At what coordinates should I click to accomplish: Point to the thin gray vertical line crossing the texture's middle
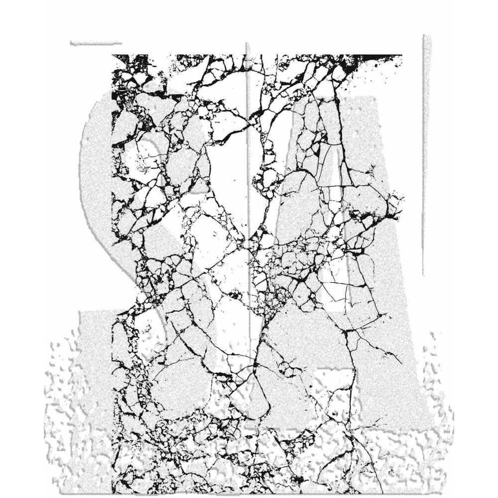tap(248, 149)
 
